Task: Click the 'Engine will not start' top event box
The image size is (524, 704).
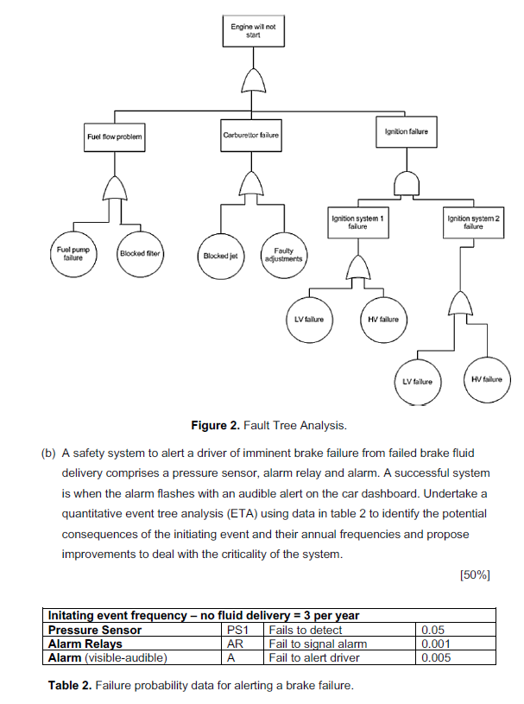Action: (x=253, y=32)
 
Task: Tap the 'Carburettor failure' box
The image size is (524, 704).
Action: (x=251, y=136)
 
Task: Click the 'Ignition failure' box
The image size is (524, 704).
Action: (x=406, y=131)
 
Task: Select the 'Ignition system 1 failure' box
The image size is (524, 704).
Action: (x=357, y=222)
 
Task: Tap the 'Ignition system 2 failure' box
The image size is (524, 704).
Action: (x=472, y=222)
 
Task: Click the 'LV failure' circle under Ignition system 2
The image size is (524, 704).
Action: (x=417, y=380)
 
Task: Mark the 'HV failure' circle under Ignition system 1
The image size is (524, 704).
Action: (x=382, y=320)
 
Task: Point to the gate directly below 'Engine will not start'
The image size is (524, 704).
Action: (x=253, y=80)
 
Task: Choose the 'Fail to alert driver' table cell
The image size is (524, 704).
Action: (x=314, y=657)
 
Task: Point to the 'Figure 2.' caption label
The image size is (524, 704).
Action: (x=219, y=425)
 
